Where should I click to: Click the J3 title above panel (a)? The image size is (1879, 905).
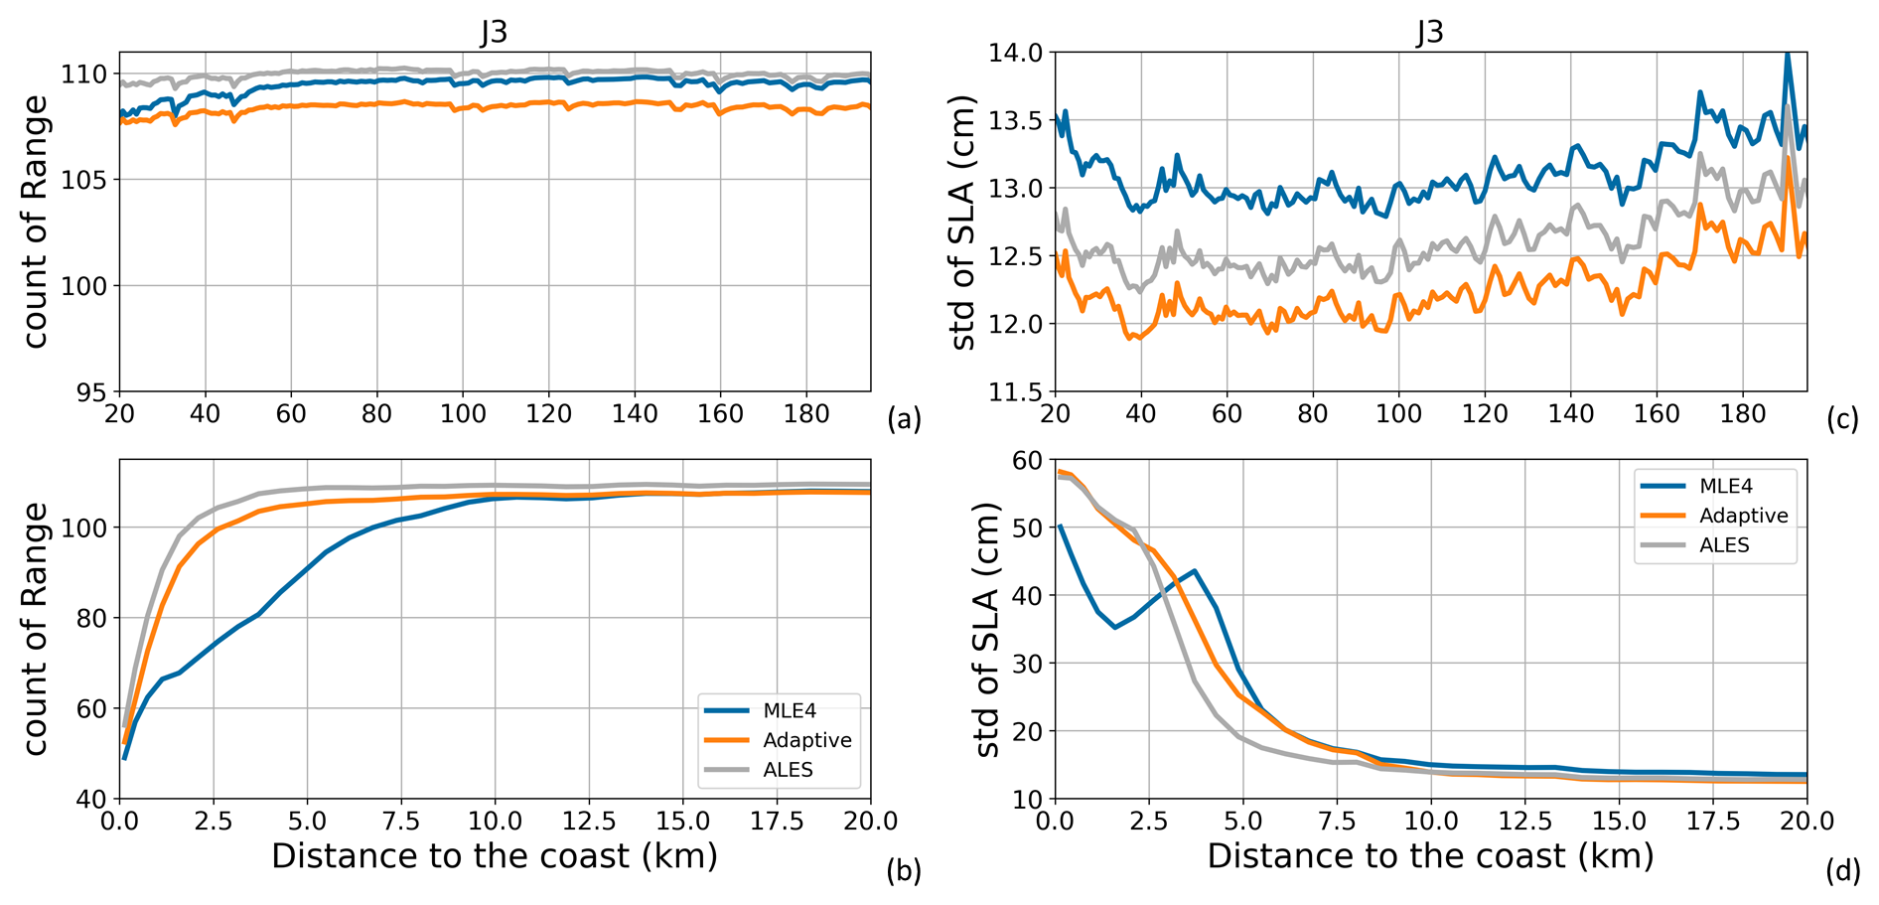click(494, 32)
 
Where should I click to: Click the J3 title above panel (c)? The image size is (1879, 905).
click(1429, 32)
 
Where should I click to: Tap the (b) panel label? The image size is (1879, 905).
click(904, 871)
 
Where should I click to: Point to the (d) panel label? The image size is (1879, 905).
click(1842, 871)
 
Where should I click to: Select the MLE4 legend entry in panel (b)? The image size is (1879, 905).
click(789, 711)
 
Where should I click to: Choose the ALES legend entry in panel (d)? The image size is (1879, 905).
click(1724, 545)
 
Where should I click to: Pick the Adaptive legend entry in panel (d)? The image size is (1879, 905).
click(1743, 516)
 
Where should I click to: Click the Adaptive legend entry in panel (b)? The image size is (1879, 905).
click(806, 740)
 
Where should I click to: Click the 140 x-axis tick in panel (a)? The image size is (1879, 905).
click(635, 413)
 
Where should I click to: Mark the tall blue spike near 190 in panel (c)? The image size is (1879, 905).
click(1787, 56)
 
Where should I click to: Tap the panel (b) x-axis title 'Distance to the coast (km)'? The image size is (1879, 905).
click(494, 856)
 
